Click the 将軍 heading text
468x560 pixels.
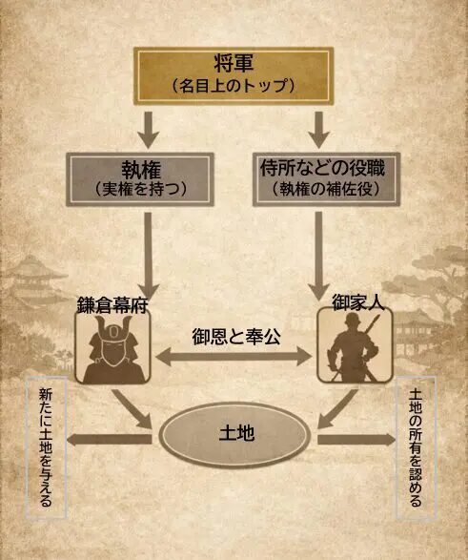click(233, 64)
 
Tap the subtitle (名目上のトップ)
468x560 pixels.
click(233, 85)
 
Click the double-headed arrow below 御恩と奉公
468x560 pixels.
click(234, 359)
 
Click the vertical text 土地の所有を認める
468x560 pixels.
click(417, 447)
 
